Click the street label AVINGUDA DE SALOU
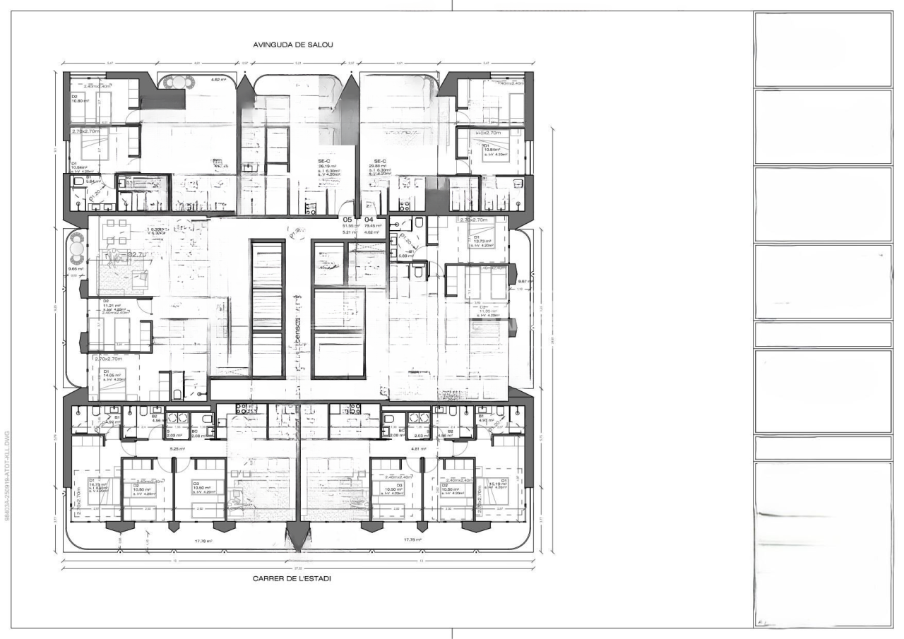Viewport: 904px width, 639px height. [x=292, y=44]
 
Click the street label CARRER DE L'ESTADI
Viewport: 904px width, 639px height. [x=292, y=578]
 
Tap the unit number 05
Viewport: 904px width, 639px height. [x=347, y=220]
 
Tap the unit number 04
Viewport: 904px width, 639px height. [x=369, y=220]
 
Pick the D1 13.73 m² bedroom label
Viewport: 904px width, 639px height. [x=482, y=241]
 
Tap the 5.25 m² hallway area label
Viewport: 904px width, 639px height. [x=175, y=448]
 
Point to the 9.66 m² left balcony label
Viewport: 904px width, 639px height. [x=76, y=268]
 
